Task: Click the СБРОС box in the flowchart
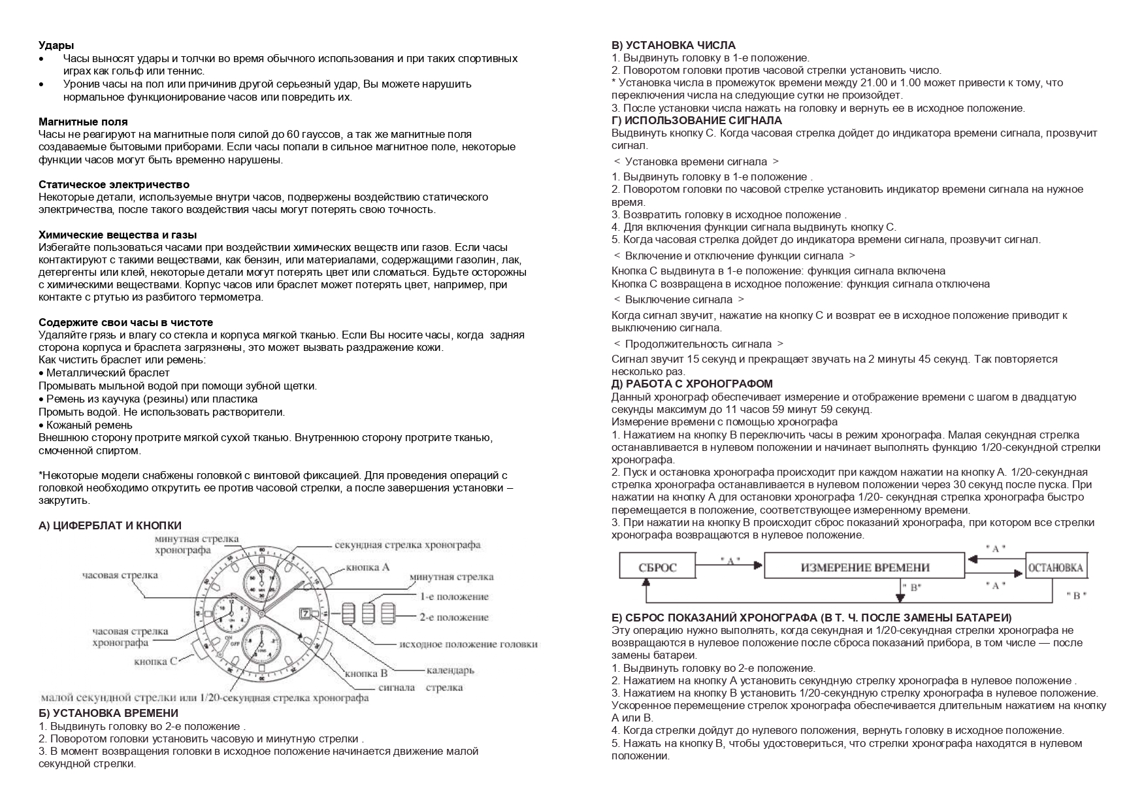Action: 658,567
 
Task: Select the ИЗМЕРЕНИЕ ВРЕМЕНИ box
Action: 864,567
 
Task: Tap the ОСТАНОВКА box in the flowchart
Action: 1056,567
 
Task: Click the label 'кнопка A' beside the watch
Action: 367,567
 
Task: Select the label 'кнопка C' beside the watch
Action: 155,661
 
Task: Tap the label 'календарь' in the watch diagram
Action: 450,670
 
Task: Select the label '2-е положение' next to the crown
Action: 453,617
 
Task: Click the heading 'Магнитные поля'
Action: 83,122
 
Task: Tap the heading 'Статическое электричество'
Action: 114,184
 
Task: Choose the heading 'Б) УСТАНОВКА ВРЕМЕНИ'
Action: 108,713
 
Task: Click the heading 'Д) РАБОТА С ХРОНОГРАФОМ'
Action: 692,384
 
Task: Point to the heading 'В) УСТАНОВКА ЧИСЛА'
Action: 673,45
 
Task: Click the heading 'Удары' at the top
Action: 56,45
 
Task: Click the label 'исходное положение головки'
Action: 468,644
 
